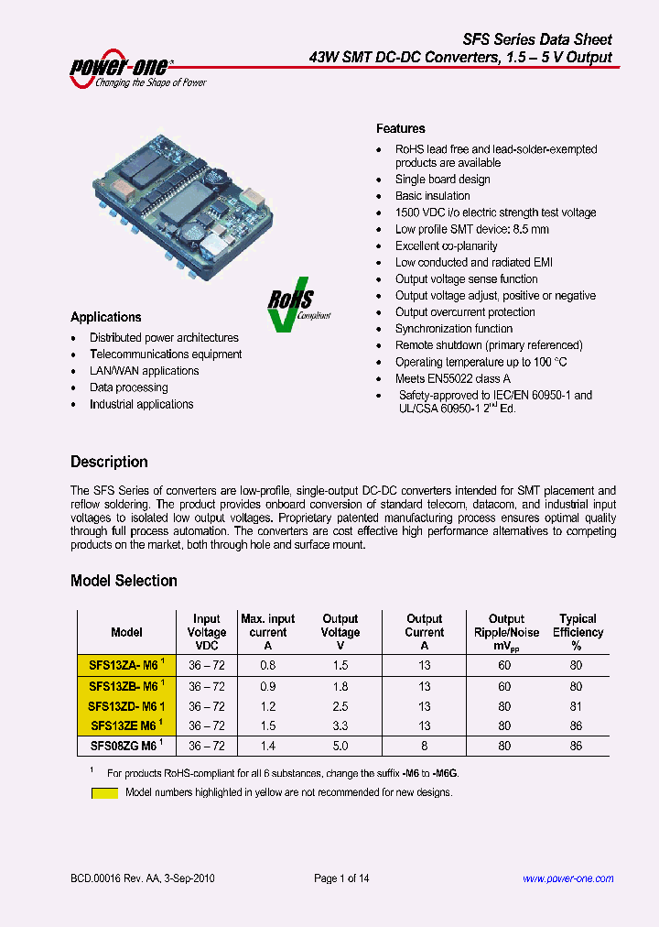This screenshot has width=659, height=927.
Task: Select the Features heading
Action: [x=401, y=129]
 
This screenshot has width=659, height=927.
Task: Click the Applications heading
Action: [x=106, y=317]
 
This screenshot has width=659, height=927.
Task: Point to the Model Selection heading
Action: [x=124, y=581]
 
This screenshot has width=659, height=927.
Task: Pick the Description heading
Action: [x=109, y=462]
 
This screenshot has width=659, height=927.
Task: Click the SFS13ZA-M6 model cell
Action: [x=126, y=666]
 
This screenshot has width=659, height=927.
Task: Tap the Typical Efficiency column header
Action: [x=578, y=632]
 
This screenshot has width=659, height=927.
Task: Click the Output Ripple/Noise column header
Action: [x=506, y=632]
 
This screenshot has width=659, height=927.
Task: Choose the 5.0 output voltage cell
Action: [x=340, y=746]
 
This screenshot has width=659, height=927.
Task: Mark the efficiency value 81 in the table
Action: [x=577, y=706]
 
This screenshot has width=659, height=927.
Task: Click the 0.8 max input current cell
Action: [x=267, y=666]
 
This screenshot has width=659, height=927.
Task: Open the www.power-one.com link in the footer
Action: [x=568, y=879]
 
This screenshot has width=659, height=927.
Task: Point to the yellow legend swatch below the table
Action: [x=104, y=793]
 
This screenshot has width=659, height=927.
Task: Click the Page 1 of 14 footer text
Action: [x=341, y=879]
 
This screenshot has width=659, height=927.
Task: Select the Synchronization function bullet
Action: [x=454, y=329]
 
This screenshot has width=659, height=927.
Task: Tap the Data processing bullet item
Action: [x=129, y=387]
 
